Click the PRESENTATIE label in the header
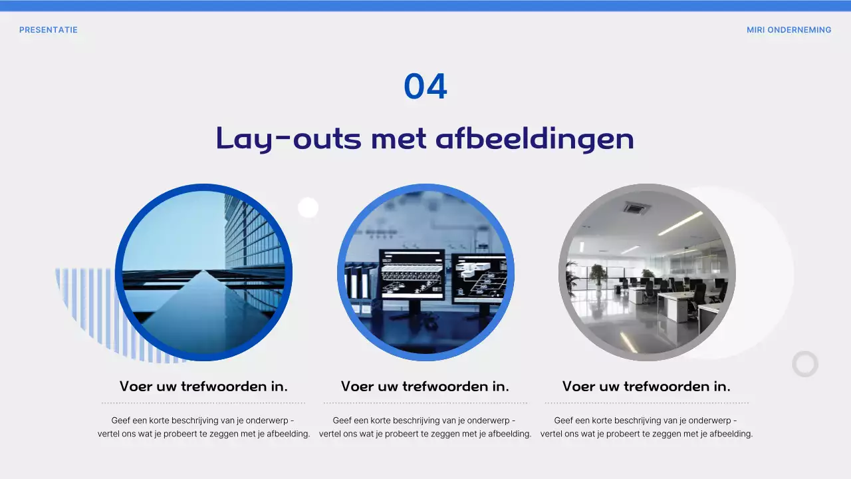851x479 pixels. (x=49, y=30)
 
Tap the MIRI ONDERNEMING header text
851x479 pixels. (x=789, y=30)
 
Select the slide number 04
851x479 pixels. (x=425, y=87)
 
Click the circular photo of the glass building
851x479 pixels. (x=203, y=272)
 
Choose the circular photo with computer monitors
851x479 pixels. (x=425, y=272)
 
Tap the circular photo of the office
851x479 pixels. (x=647, y=272)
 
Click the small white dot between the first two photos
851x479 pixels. (x=308, y=208)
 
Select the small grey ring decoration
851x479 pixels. (x=805, y=364)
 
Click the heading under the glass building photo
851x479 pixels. (x=203, y=387)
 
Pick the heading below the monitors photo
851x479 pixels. (x=425, y=387)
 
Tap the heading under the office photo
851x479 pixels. (x=646, y=387)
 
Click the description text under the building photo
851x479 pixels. (x=203, y=427)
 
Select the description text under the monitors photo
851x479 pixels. (x=425, y=427)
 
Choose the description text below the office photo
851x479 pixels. (x=646, y=427)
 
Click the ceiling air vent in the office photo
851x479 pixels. (x=637, y=208)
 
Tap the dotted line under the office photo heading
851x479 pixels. (x=646, y=402)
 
